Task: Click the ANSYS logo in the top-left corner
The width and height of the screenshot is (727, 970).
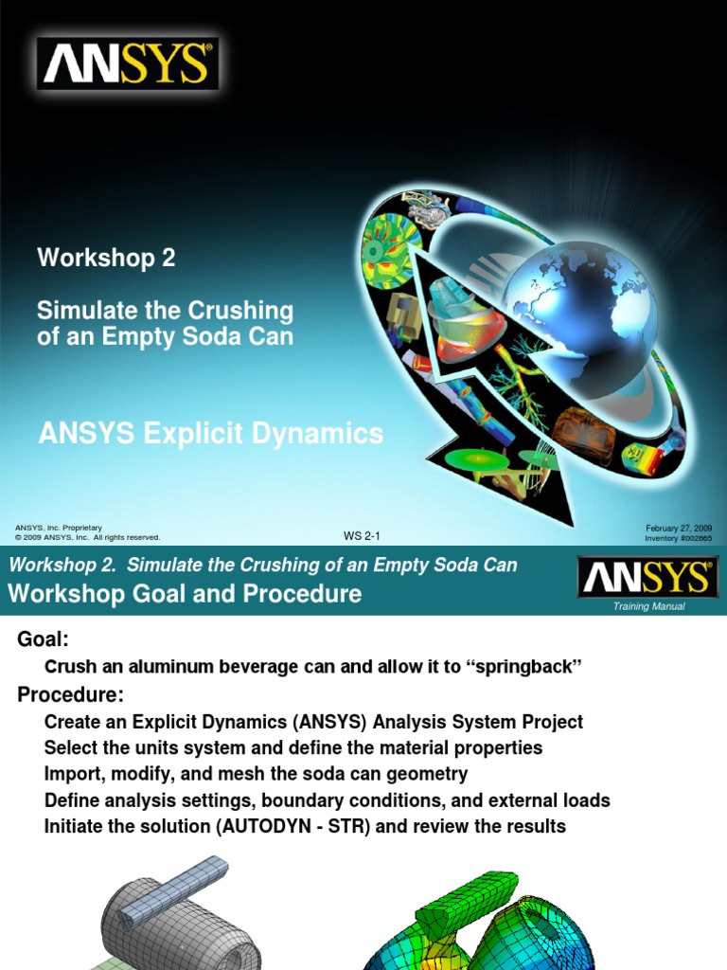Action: [128, 63]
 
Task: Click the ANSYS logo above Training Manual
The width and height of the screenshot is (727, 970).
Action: [648, 577]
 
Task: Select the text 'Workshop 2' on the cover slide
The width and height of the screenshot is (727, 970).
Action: [106, 258]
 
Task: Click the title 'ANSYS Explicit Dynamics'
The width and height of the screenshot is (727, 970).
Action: [210, 434]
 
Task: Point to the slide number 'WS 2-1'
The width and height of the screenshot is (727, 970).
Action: [362, 536]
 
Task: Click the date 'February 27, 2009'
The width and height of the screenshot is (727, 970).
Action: [679, 528]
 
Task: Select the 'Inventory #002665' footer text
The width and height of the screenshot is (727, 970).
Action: [678, 537]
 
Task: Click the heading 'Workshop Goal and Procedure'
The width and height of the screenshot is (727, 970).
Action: [185, 594]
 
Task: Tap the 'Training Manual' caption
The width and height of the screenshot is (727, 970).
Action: [648, 605]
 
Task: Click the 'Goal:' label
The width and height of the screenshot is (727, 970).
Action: [44, 640]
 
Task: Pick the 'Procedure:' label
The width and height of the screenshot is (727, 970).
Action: [70, 695]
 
